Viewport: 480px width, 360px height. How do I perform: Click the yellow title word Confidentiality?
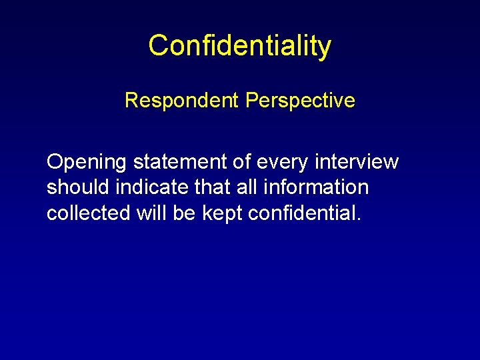tap(239, 46)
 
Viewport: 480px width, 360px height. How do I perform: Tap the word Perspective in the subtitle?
tap(300, 101)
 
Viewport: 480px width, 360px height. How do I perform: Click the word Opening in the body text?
tap(87, 162)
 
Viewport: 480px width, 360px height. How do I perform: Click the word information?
tap(317, 188)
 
